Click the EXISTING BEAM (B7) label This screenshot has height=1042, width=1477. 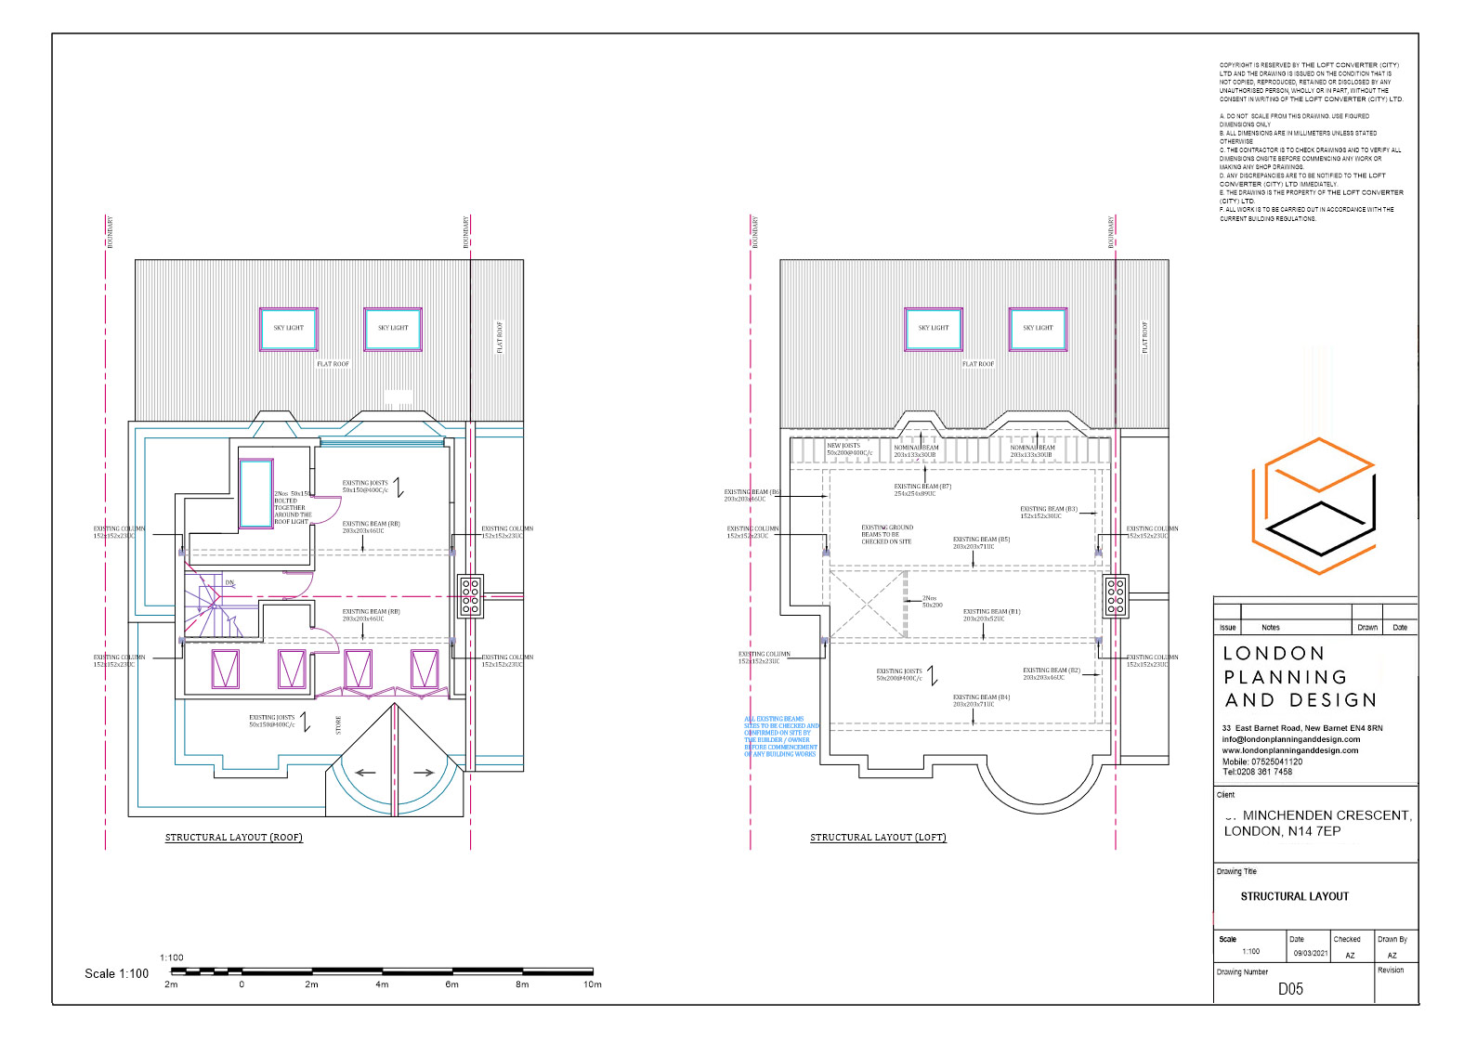click(x=922, y=489)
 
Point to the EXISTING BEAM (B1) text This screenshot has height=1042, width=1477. click(x=991, y=615)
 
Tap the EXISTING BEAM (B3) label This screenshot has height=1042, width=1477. click(x=1048, y=512)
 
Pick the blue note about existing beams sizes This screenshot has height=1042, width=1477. click(x=781, y=736)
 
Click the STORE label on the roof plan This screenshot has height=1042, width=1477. click(x=338, y=725)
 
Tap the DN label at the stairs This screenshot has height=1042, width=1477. click(x=229, y=583)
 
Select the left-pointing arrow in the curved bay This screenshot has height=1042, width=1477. click(x=365, y=773)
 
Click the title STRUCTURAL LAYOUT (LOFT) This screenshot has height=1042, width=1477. click(x=878, y=838)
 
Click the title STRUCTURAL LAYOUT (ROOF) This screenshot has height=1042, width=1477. click(x=234, y=838)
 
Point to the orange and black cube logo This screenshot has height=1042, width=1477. click(x=1314, y=506)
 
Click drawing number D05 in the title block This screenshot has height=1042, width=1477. click(x=1290, y=989)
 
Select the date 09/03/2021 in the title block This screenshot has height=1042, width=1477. click(x=1310, y=953)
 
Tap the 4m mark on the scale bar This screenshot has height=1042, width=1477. click(x=382, y=983)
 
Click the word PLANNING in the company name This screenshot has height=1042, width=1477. click(x=1286, y=677)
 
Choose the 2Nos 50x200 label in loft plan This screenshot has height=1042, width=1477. click(x=932, y=602)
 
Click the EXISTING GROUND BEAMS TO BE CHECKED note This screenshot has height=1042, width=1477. click(x=886, y=534)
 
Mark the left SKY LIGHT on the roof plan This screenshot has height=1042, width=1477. click(x=288, y=329)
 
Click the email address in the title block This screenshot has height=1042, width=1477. click(x=1290, y=739)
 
